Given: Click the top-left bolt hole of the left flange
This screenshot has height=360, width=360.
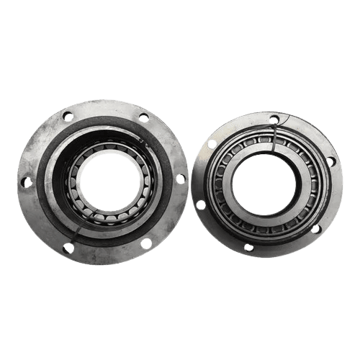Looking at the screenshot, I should pos(68,116).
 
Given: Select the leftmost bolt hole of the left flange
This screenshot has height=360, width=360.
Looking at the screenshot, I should pos(27,182).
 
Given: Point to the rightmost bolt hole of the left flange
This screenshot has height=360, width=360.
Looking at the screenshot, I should pos(180,178).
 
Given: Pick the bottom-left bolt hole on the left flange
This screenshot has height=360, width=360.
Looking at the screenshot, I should pos(69,248).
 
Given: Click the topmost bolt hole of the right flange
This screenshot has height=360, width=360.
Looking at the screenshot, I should pos(274,120).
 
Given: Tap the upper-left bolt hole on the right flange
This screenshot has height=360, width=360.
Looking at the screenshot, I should pos(212,144).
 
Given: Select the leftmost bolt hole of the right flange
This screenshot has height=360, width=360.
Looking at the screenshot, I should pos(201,205).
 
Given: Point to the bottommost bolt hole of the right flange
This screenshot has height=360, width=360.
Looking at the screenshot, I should pos(248,247).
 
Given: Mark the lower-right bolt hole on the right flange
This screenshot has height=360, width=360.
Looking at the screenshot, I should pos(315,228).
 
